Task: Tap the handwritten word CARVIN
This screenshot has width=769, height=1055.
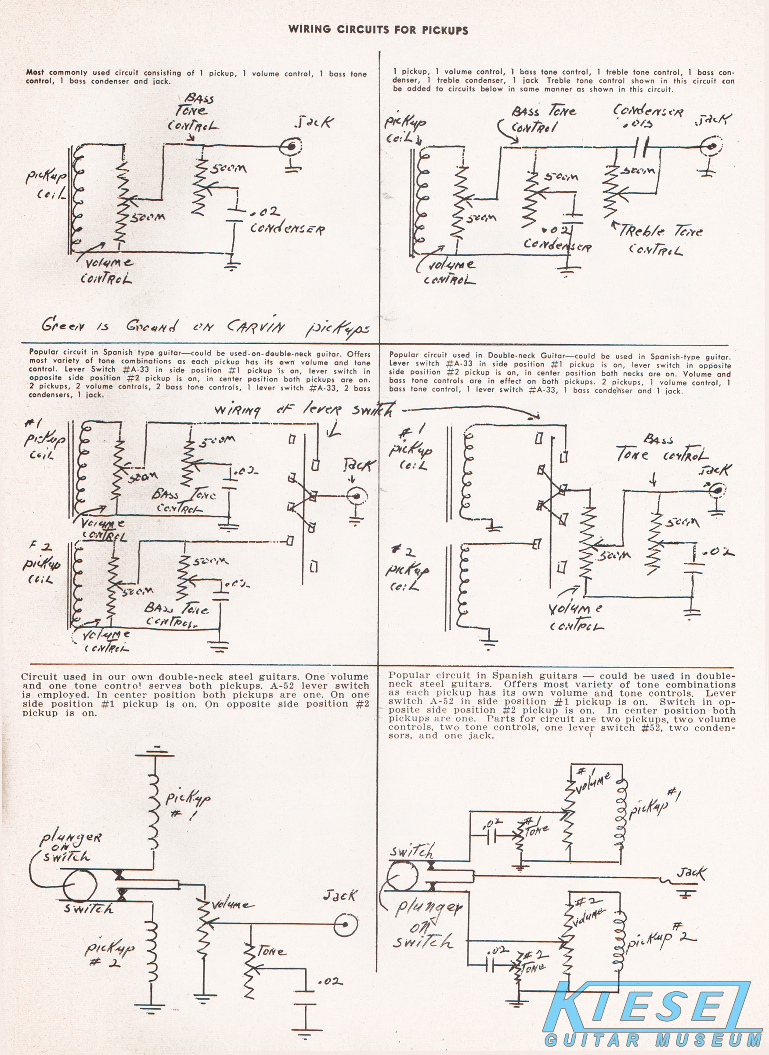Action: coord(255,326)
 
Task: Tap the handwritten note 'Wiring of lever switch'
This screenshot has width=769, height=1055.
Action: coord(303,410)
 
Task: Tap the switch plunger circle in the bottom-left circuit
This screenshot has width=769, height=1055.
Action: coord(80,884)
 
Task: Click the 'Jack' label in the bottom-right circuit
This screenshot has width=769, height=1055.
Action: coord(691,872)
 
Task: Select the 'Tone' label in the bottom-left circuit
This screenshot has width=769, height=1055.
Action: coord(271,951)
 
